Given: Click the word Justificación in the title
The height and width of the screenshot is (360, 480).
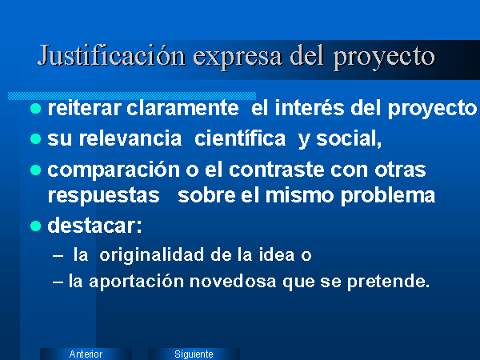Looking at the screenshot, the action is coord(112,56).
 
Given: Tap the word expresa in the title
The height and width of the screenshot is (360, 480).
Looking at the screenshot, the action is coord(238,58).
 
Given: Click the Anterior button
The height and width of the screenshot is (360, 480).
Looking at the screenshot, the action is coord(86,354).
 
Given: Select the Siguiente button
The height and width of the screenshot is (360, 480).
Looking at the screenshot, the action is coord(194,354).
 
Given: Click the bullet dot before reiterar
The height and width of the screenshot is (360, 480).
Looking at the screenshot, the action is coord(36,108).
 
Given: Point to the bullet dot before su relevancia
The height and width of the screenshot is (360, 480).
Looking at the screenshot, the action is coord(36,139).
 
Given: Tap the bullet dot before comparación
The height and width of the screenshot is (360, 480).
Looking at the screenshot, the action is coord(36,170).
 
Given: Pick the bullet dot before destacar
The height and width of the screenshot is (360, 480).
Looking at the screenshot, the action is coord(36,226).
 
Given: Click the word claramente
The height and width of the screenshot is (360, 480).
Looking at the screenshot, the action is coord(182,108).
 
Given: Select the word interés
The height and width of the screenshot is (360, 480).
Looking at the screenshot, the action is coord(310,108).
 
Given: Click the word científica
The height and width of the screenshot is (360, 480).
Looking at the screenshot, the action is coord(240,138).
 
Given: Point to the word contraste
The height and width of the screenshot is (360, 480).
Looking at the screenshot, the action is coord(277,170).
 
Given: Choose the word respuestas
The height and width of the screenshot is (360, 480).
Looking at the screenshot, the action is coord(104,197).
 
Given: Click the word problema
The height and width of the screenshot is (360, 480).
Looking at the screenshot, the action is coord(388,197).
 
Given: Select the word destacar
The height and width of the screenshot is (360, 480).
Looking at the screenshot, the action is coord(94,226).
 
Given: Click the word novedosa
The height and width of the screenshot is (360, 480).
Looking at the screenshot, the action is coord(233,282).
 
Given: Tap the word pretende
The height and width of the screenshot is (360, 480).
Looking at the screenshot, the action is coord(389,282).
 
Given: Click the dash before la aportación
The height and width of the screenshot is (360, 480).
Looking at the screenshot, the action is coord(58,282).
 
